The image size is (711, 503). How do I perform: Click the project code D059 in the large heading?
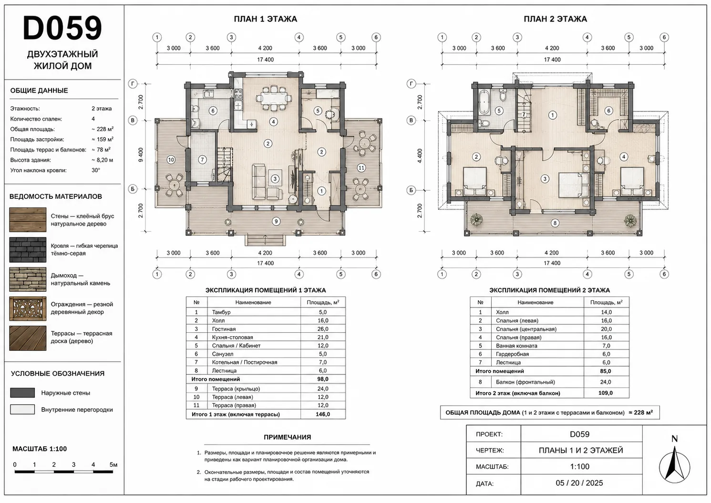coord(62,28)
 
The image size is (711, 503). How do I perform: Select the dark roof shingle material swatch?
coord(28,250)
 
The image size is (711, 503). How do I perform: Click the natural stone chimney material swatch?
coord(28,279)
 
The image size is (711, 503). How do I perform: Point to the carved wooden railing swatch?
coord(28,308)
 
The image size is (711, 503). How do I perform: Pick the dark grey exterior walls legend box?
coord(22,392)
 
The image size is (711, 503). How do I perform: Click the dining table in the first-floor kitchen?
coord(274,98)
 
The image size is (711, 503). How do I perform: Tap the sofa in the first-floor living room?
coord(258,182)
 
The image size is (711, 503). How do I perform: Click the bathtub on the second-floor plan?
coord(484,103)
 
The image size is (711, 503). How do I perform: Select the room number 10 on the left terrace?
coord(171,160)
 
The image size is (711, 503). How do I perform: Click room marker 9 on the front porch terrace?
coord(276,221)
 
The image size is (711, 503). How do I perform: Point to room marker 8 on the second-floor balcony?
coord(555,223)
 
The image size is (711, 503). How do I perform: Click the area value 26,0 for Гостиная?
coord(323,329)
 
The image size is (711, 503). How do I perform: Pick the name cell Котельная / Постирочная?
coord(245,362)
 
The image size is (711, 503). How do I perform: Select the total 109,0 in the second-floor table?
coord(606,393)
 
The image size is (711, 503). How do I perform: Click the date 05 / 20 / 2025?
coord(579,482)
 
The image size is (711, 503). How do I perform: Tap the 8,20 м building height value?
coord(102,160)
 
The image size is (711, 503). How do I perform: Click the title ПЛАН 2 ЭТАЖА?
coord(555,19)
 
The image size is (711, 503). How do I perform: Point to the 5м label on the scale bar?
coord(113,464)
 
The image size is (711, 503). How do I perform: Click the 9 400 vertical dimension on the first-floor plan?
coord(141,155)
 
